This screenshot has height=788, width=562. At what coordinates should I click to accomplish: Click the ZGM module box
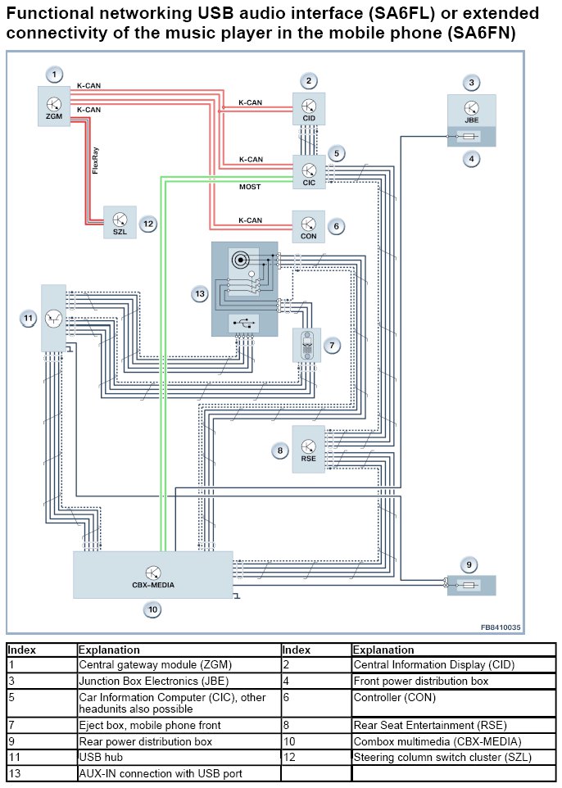[x=54, y=107]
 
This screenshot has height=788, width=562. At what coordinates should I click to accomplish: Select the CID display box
[x=309, y=109]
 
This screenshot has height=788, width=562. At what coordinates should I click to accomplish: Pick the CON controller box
[x=309, y=226]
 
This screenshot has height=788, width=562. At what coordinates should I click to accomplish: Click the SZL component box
[x=120, y=223]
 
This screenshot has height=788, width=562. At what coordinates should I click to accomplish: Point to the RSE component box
[x=308, y=450]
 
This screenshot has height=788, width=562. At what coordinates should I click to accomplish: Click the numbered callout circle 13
[x=200, y=293]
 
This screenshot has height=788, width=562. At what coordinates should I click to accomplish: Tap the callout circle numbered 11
[x=29, y=318]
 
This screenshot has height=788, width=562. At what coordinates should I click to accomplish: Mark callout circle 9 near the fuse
[x=469, y=564]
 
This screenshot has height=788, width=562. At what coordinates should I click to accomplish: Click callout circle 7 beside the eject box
[x=332, y=346]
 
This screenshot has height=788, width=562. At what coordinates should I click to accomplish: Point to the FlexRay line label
[x=96, y=161]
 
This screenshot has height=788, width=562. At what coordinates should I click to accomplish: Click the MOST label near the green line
[x=250, y=187]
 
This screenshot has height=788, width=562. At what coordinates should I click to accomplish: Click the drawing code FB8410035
[x=501, y=627]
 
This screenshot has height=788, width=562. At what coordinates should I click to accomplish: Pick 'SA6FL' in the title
[x=328, y=14]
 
